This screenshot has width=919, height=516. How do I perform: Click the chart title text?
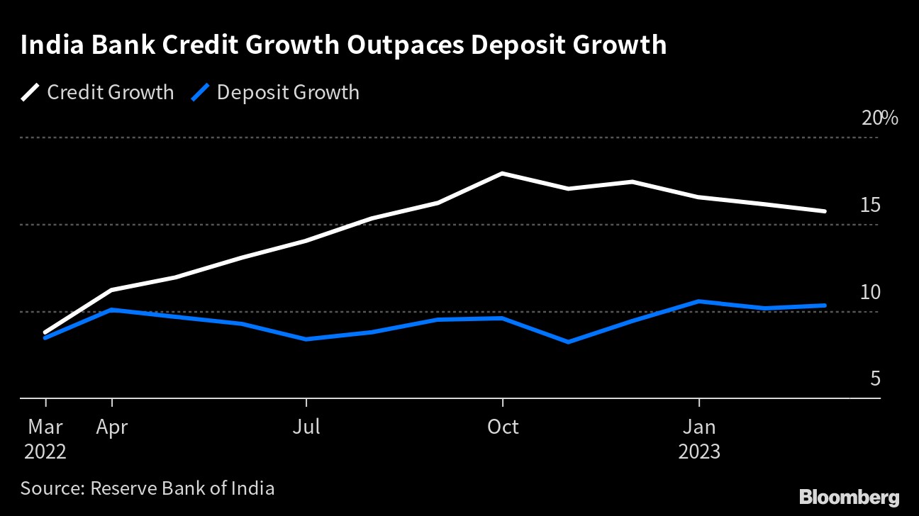(x=343, y=45)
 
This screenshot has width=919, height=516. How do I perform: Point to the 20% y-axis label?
(x=879, y=118)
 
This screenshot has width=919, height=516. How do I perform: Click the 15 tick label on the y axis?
(x=870, y=206)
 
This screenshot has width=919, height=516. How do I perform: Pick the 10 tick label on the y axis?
(x=870, y=292)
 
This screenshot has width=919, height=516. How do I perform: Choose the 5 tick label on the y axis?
(x=875, y=379)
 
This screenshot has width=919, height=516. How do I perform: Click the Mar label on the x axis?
(x=45, y=427)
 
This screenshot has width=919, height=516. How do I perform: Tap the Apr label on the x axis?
(x=111, y=427)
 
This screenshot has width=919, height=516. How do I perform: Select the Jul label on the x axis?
(x=306, y=427)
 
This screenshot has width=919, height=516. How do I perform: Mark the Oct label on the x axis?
(x=502, y=427)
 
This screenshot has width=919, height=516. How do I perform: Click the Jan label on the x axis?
(x=699, y=427)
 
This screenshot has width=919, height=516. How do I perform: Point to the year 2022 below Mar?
(x=45, y=451)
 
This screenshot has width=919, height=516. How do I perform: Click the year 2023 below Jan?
(x=699, y=451)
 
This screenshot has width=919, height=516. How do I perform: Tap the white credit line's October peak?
(x=502, y=173)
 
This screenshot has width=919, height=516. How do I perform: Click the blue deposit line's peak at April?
(x=111, y=310)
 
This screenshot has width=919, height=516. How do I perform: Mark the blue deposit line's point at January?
(x=699, y=301)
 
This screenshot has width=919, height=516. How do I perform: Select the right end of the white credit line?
(x=825, y=211)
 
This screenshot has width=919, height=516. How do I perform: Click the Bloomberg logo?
(x=849, y=496)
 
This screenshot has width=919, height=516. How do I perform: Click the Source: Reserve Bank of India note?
(x=147, y=488)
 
